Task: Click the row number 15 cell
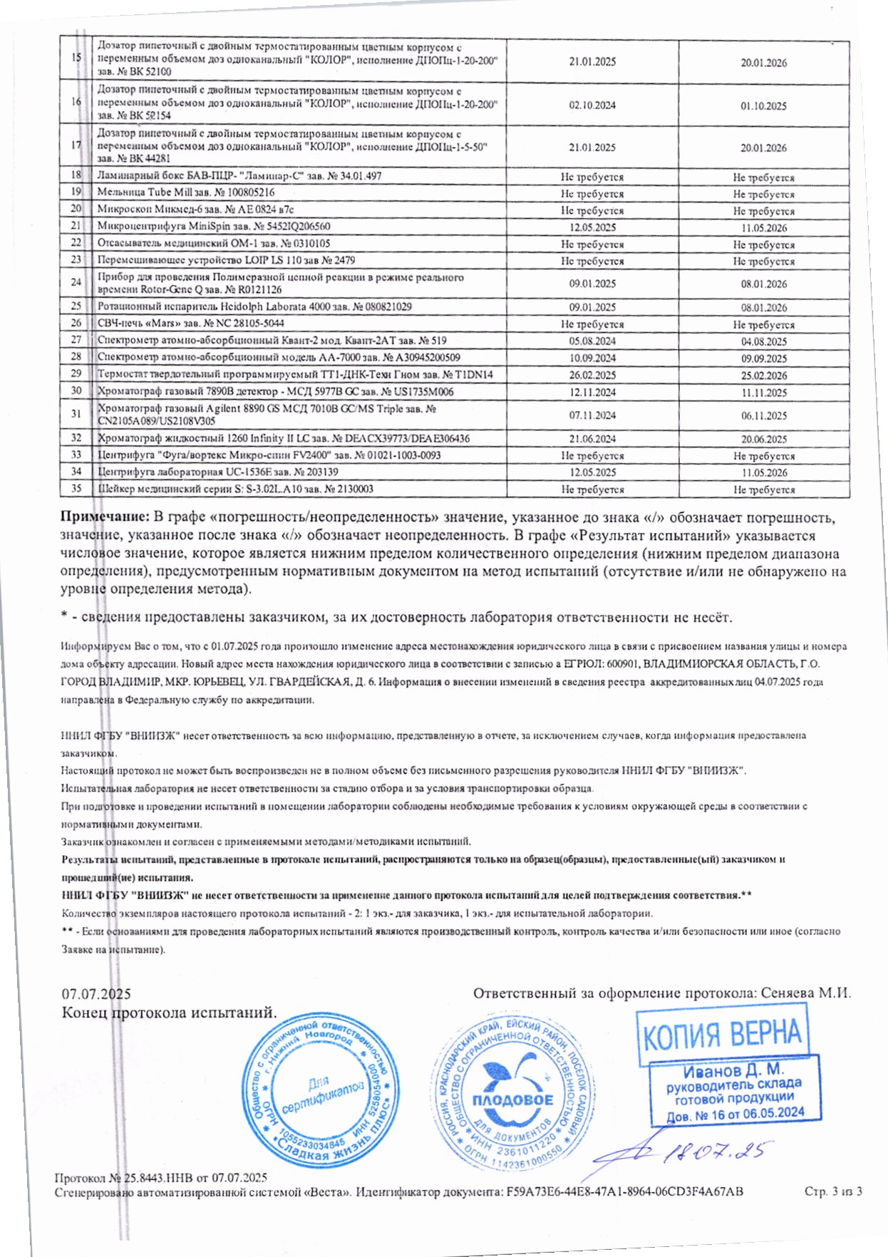[x=76, y=58]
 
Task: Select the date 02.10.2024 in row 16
[x=592, y=105]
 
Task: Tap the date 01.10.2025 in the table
[x=763, y=106]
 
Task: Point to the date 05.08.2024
[x=592, y=341]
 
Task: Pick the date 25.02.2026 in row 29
[x=763, y=376]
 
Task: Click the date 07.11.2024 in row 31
[x=592, y=415]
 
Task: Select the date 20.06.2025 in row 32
[x=763, y=439]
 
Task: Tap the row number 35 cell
[x=76, y=489]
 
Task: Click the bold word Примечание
[x=105, y=517]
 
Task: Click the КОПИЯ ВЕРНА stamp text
[x=722, y=1034]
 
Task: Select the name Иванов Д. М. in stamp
[x=733, y=1071]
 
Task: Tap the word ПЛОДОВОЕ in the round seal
[x=512, y=1100]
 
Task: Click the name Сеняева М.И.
[x=806, y=993]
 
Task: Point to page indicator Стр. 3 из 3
[x=833, y=1191]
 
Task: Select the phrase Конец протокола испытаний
[x=169, y=1013]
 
